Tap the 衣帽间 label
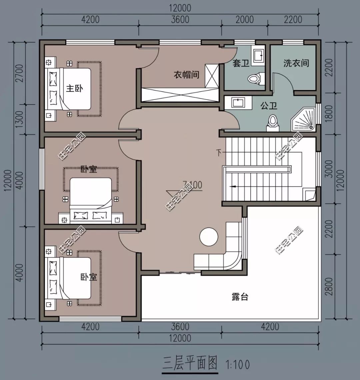[186, 75]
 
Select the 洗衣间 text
[296, 63]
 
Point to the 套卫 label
[241, 63]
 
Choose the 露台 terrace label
[240, 297]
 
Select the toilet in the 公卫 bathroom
[273, 121]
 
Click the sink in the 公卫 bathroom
[237, 103]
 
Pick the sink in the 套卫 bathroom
[258, 55]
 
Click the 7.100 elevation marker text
[192, 184]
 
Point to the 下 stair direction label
[219, 153]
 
